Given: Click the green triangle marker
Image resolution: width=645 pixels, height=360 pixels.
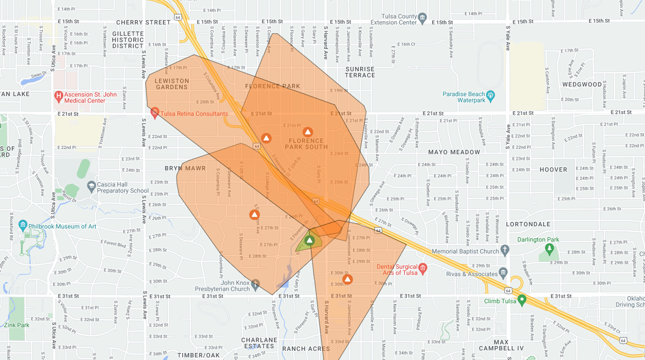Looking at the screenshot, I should (x=310, y=240).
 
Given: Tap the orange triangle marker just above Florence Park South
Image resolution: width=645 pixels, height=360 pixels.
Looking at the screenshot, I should (x=307, y=132).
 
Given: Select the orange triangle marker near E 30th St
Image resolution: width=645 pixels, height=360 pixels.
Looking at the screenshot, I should (x=347, y=279).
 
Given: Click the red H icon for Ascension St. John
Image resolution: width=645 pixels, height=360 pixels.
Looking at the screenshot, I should (x=59, y=97).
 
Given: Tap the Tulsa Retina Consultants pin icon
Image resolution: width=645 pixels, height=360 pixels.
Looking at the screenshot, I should (x=155, y=113).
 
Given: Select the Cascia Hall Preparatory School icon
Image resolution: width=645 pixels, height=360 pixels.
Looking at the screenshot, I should (x=91, y=186).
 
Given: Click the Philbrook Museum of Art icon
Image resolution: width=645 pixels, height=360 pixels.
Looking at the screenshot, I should (x=23, y=225).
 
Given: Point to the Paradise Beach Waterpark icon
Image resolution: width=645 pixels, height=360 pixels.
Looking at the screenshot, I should (x=491, y=95).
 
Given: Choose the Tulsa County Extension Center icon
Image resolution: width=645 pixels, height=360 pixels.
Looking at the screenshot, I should (x=422, y=18).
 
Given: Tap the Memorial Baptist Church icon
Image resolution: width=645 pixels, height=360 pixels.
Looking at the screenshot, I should (x=505, y=250).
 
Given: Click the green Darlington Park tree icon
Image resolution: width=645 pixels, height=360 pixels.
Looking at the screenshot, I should (x=549, y=248).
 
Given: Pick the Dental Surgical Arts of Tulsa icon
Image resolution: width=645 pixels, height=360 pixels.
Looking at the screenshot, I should (x=423, y=268).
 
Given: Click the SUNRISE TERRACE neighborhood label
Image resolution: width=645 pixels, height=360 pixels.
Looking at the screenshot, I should (x=360, y=72).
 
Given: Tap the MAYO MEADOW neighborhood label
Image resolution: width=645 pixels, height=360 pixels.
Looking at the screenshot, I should (x=454, y=152).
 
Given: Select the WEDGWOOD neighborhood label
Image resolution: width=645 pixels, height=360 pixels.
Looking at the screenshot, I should (x=582, y=84).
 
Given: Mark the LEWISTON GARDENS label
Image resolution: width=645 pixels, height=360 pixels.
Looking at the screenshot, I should (x=172, y=84).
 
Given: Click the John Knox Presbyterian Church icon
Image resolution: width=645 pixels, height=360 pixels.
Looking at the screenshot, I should (x=255, y=283).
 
